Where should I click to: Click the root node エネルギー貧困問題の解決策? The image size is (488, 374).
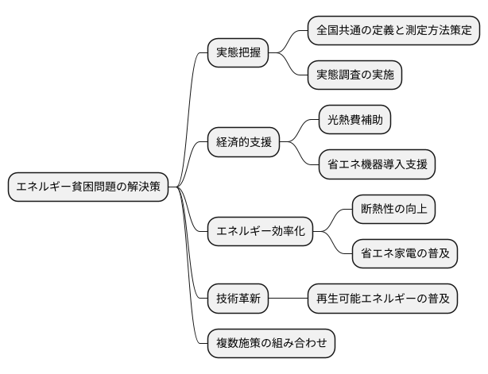point(88,187)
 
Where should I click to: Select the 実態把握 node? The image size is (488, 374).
point(238,53)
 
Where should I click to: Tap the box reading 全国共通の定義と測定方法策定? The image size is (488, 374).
point(393,31)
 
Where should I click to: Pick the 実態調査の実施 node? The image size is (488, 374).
point(354,75)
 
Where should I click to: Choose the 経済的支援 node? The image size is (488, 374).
point(243,143)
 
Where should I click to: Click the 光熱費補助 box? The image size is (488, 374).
point(354,121)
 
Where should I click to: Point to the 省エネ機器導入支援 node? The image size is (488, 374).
point(377,165)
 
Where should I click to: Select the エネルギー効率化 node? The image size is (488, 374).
point(260,233)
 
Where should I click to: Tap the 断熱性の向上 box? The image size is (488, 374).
point(393,210)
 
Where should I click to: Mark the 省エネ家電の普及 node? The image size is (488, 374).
point(405,254)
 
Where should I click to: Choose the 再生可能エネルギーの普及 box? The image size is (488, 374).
point(382,299)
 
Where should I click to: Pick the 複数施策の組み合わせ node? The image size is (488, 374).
point(271,344)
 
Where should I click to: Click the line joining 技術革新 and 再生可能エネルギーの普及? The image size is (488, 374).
point(288,299)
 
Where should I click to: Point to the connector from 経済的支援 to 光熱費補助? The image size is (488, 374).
point(302,129)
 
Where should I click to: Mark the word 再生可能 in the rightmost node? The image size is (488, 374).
point(339,299)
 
